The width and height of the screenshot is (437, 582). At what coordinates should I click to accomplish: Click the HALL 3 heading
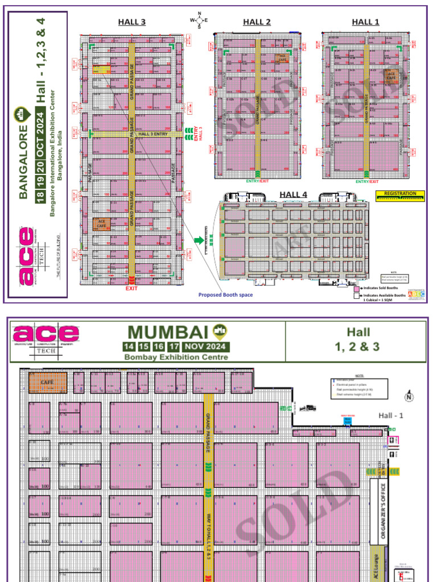point(132,22)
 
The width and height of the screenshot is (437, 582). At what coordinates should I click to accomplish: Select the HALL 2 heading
point(257,22)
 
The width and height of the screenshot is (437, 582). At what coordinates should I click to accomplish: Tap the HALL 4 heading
point(293,194)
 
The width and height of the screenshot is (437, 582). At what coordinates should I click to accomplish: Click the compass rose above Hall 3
point(199,20)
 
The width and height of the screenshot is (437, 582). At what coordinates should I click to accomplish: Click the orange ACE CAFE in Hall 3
point(102,224)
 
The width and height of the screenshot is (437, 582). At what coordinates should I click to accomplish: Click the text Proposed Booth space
point(225,295)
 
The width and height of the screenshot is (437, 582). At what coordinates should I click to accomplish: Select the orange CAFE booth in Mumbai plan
point(48,383)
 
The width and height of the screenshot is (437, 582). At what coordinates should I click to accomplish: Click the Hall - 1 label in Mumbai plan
point(391,415)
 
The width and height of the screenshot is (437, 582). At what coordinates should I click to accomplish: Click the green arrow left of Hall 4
point(199,240)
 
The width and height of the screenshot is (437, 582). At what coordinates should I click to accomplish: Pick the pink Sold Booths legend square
point(357,290)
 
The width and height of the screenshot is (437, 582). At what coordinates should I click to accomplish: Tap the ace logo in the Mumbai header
point(46,334)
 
